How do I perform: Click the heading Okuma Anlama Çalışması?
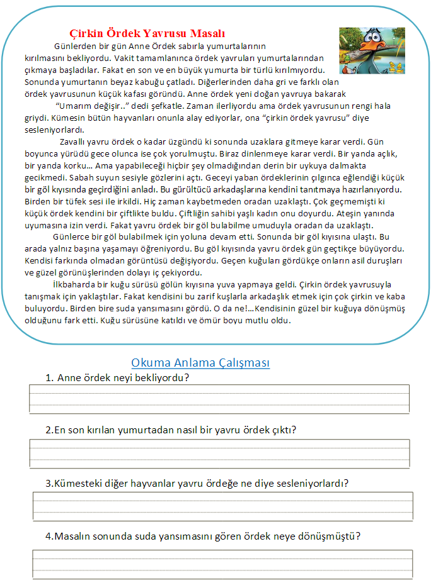coord(200,363)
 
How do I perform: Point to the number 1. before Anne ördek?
coord(49,378)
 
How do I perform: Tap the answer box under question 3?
coord(222,506)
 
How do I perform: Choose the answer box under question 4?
coord(222,564)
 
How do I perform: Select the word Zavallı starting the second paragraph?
coord(74,142)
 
